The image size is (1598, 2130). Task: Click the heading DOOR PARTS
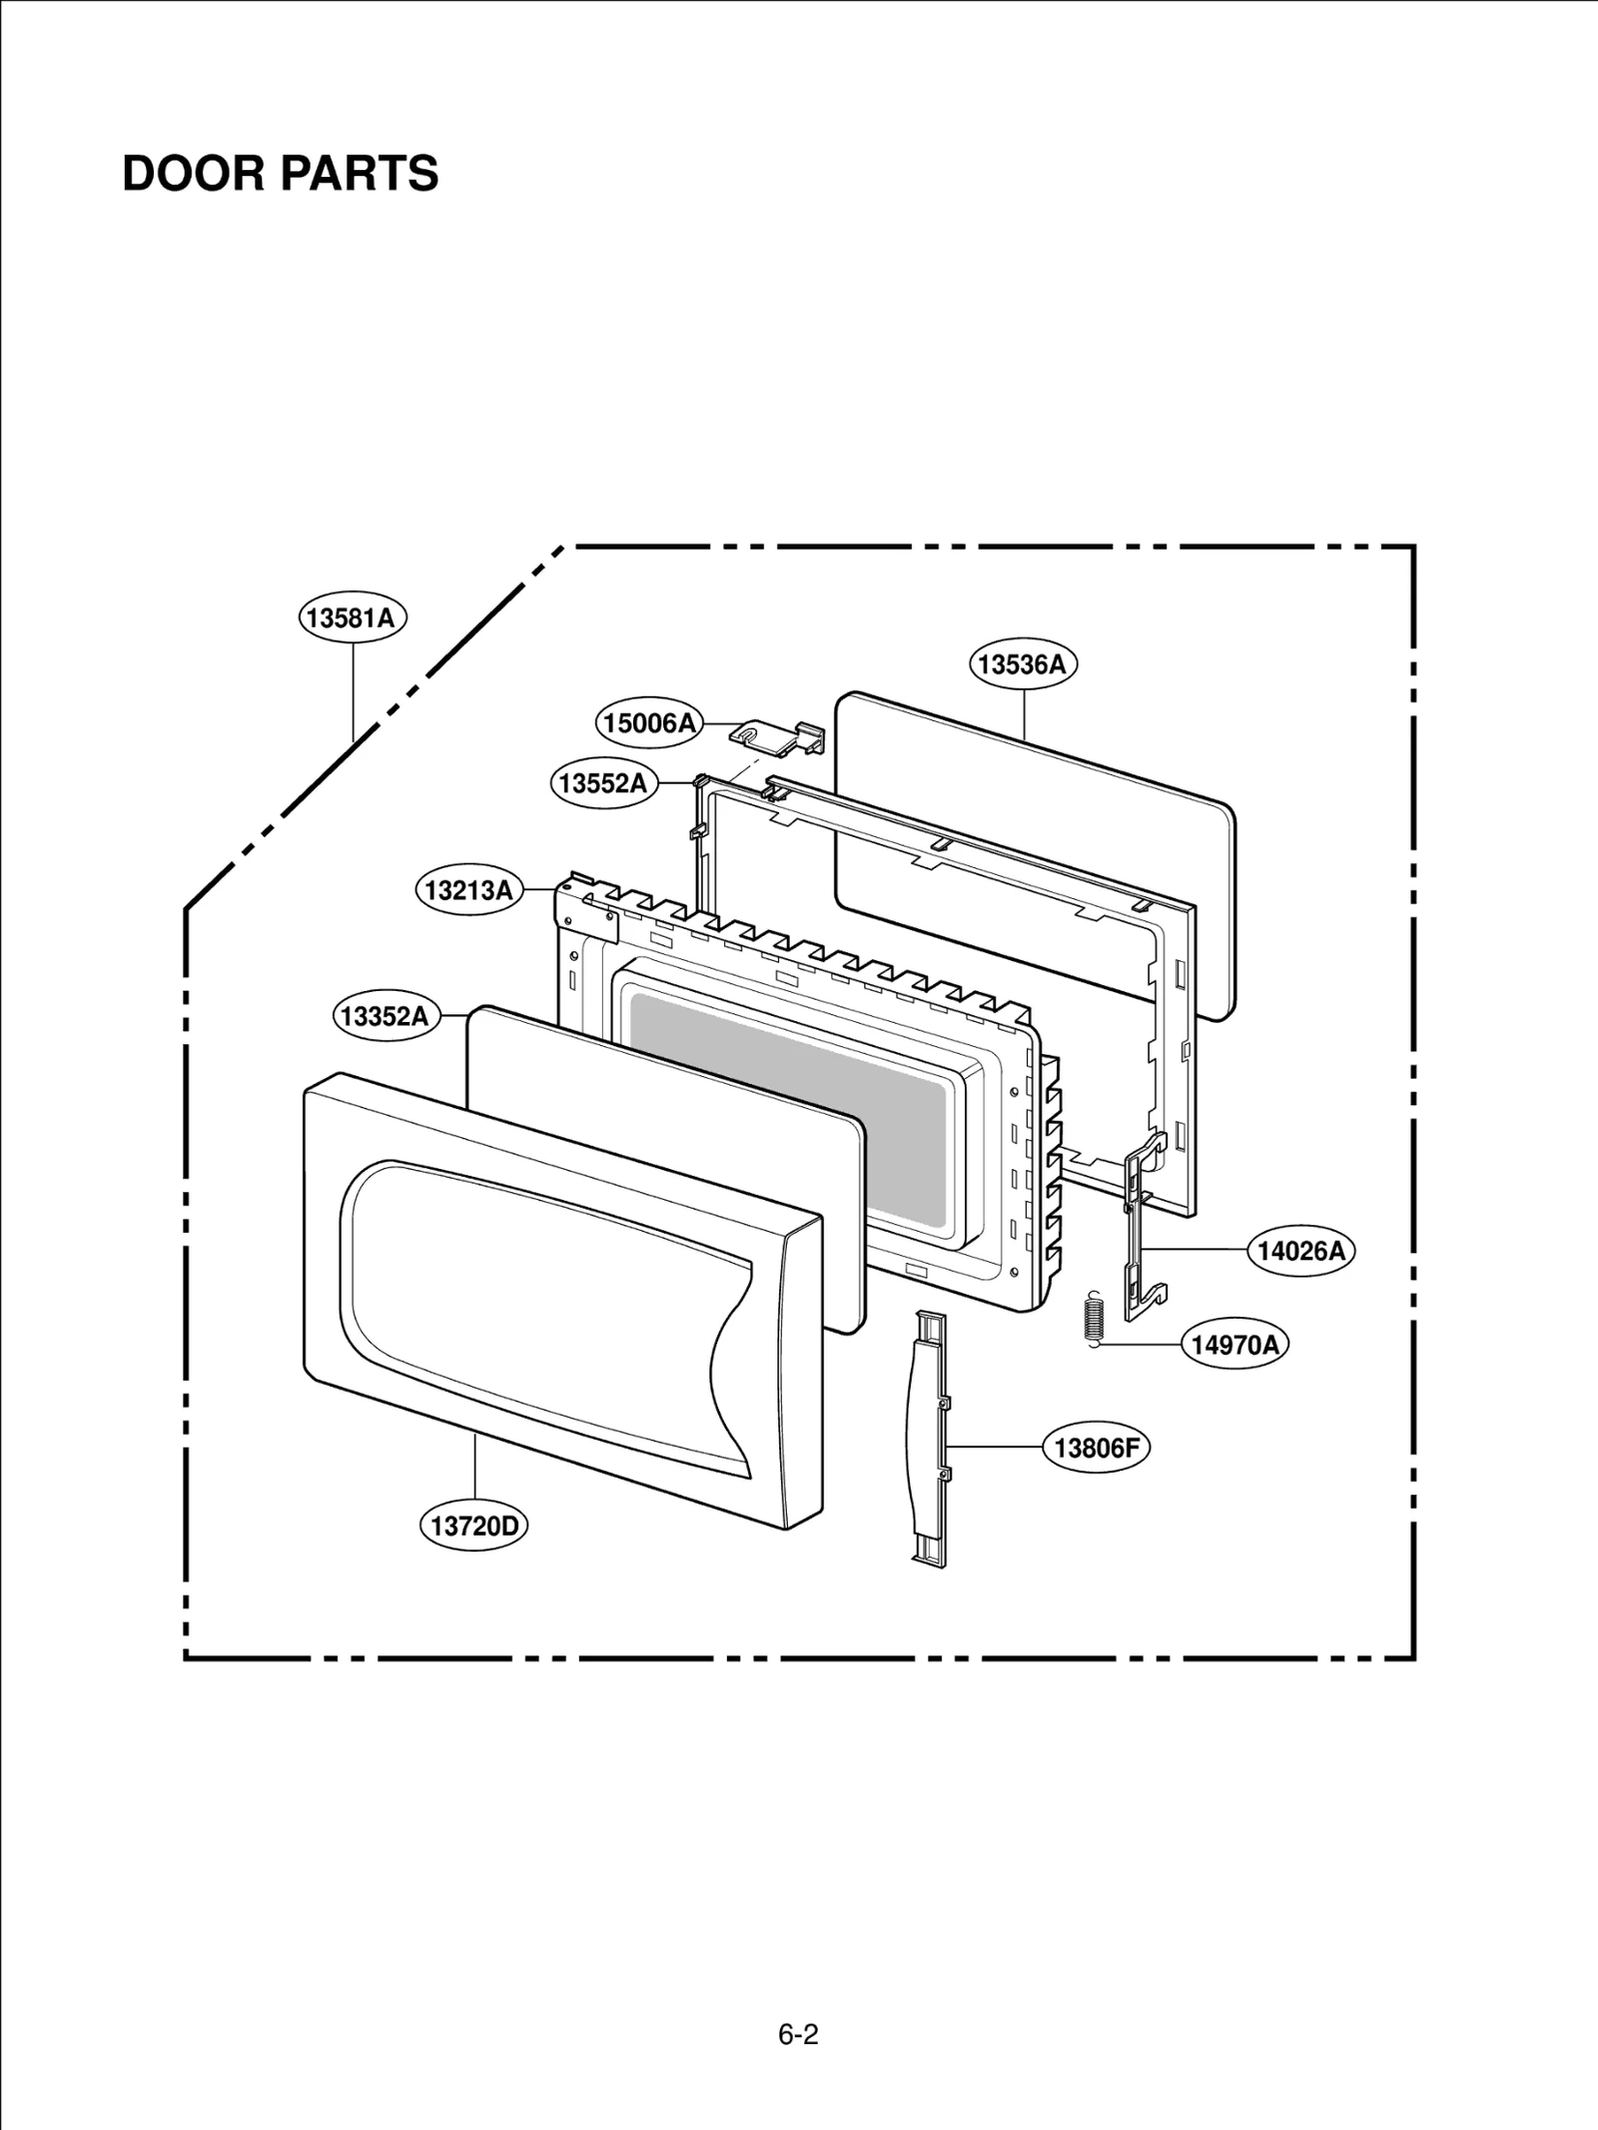click(x=280, y=174)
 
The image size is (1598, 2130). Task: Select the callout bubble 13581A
click(x=353, y=618)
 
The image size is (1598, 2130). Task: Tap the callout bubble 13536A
click(x=1023, y=664)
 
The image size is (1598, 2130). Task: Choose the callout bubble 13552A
click(x=603, y=783)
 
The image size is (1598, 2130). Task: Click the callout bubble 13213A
click(x=468, y=890)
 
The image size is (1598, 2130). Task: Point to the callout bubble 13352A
click(x=385, y=1017)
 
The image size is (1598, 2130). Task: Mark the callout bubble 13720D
click(x=474, y=1526)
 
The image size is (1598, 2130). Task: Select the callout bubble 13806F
click(x=1096, y=1448)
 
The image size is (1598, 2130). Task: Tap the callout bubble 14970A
click(x=1234, y=1345)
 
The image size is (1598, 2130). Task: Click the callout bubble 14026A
click(x=1300, y=1251)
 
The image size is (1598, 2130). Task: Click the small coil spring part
click(x=1095, y=1319)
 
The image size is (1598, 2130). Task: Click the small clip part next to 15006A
click(x=779, y=736)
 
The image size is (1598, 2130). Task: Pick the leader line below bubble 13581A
click(x=354, y=689)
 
